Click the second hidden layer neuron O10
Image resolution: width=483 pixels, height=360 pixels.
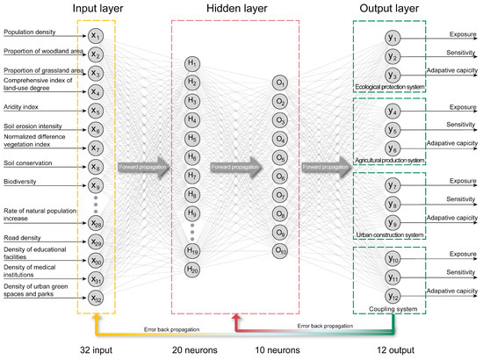[x=280, y=250]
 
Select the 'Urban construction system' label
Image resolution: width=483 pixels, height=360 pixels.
[x=390, y=234]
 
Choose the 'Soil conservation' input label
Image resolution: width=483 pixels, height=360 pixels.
[x=27, y=161]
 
